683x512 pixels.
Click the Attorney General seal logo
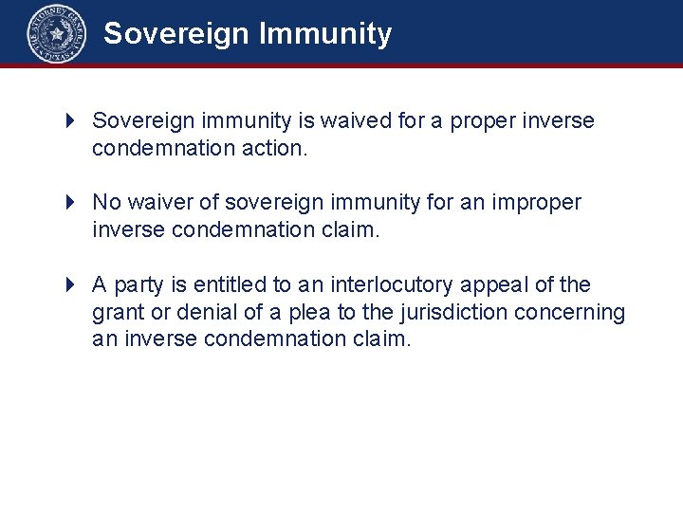[56, 34]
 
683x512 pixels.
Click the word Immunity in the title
[324, 34]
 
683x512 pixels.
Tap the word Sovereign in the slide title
[176, 34]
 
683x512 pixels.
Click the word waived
[352, 121]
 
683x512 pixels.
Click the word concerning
[569, 312]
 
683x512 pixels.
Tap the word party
[140, 284]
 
